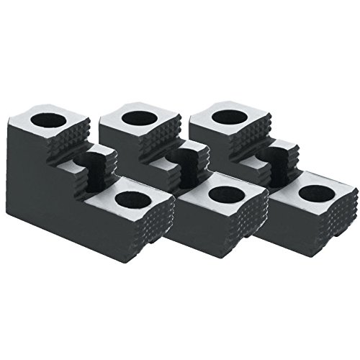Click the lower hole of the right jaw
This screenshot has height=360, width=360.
(314, 193)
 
